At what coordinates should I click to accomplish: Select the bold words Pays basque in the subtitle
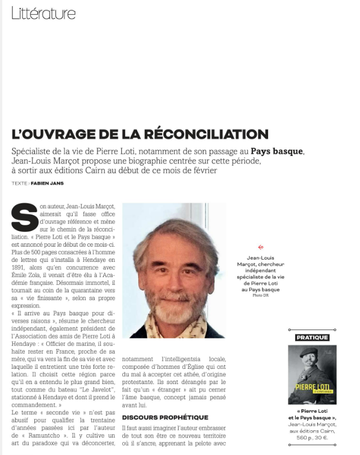click(x=277, y=151)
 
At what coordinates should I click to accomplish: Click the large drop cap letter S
click(x=24, y=217)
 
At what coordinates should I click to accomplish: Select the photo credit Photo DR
click(x=260, y=295)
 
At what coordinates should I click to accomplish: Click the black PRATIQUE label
click(x=312, y=337)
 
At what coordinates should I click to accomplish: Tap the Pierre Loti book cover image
click(x=312, y=374)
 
